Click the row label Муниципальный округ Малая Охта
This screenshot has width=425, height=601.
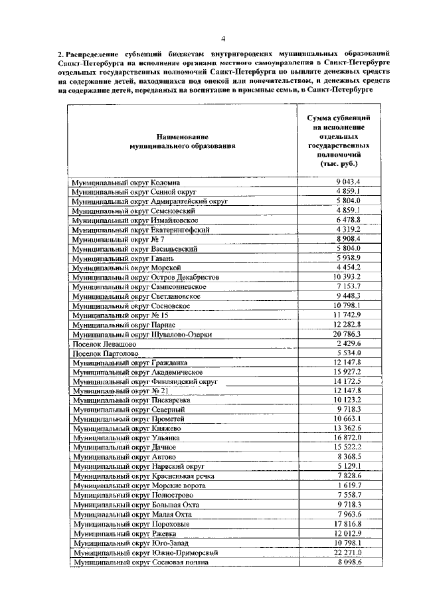tap(133, 515)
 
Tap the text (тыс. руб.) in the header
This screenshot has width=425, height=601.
tap(339, 162)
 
